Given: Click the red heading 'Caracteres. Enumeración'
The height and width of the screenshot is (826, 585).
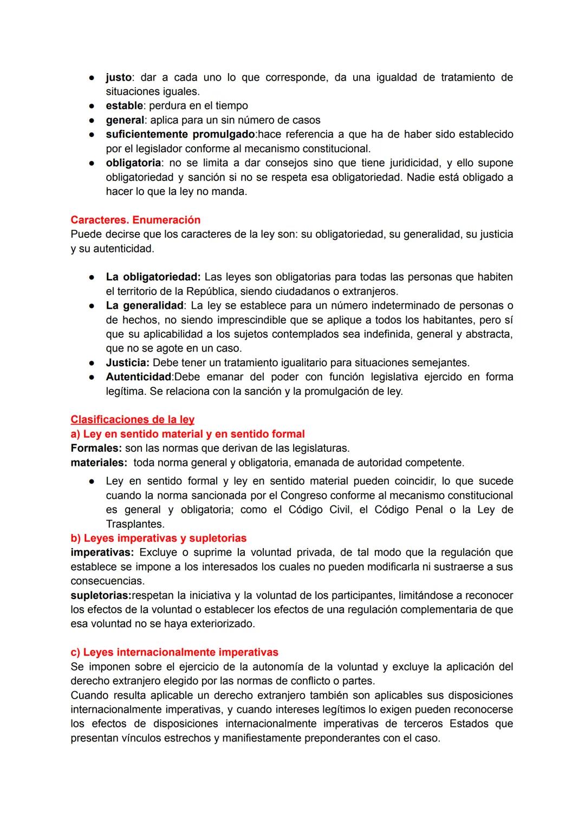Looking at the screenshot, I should pos(135,220).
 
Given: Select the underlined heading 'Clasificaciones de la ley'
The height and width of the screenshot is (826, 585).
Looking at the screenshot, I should pos(132,420).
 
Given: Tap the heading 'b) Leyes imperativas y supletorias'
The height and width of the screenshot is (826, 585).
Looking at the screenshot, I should pos(158,538).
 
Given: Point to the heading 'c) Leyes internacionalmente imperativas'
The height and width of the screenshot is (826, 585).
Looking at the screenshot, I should pos(174,652).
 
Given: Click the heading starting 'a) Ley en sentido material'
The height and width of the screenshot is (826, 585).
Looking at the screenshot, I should pos(187,434).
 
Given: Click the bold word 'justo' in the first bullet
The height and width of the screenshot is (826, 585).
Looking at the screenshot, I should pos(119,77).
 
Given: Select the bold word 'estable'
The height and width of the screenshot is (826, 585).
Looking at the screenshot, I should pos(124,106).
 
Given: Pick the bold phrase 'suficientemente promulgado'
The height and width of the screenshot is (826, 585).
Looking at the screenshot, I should pos(180,134).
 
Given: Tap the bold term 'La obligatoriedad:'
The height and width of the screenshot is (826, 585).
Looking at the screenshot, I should pos(153,277).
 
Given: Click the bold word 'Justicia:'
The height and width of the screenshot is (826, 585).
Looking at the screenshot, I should pos(127,362).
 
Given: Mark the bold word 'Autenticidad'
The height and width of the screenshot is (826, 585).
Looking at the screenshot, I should pos(138,377).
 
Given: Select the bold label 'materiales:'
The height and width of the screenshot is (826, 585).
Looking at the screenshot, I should pos(99,463).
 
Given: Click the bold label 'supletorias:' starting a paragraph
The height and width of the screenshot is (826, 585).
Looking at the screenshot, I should pos(101,595).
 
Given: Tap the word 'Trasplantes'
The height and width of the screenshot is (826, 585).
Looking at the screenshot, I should pos(134,524).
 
